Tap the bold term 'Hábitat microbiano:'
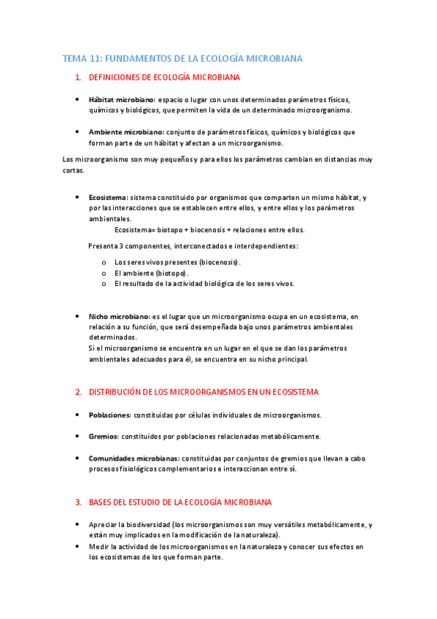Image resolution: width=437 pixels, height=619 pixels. [122, 99]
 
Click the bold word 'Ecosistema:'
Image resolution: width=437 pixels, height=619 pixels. [108, 197]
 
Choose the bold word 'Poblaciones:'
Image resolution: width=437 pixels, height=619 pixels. [109, 415]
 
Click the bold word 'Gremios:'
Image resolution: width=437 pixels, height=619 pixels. [104, 437]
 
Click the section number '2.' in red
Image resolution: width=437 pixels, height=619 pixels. [78, 392]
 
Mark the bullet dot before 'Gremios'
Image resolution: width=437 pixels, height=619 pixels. [78, 437]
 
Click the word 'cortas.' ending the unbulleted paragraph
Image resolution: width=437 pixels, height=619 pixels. [74, 171]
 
